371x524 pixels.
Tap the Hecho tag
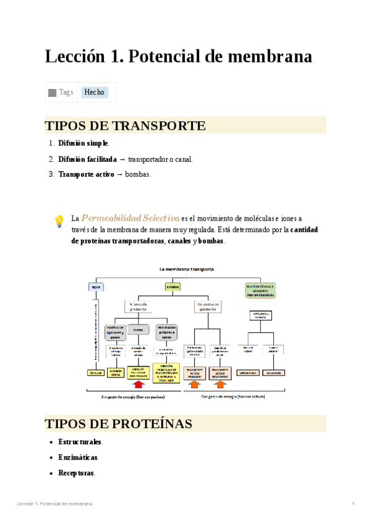[95, 92]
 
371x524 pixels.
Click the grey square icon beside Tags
[53, 93]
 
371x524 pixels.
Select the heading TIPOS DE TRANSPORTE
[125, 126]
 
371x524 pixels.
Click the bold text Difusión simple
[83, 143]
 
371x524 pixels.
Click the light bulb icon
[59, 221]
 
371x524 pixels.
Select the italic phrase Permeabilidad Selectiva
[130, 218]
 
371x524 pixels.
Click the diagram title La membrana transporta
[187, 269]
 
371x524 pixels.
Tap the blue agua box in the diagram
[96, 287]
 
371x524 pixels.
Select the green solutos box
[173, 287]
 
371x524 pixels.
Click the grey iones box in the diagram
[138, 329]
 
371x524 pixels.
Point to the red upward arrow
[138, 386]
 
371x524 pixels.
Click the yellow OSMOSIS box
[96, 373]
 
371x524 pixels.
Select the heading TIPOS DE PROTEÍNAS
[118, 424]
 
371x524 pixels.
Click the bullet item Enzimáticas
[78, 457]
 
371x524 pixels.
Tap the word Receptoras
[77, 473]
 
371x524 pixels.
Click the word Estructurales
[80, 442]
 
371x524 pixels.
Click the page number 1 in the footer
[353, 504]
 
